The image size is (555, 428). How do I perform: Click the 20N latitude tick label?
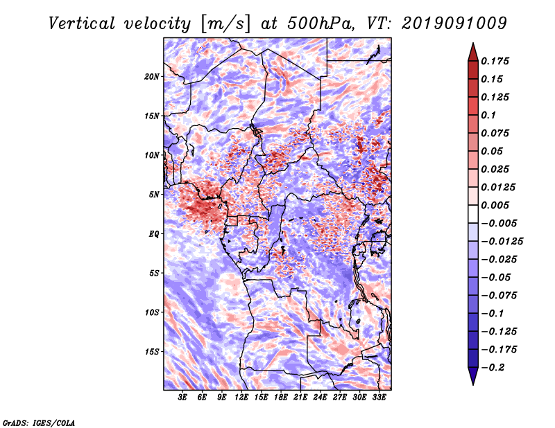[x=152, y=76]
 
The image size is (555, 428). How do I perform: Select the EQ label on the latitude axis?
[x=153, y=233]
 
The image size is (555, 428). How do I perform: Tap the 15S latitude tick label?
[x=152, y=352]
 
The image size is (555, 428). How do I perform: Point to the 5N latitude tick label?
[x=154, y=195]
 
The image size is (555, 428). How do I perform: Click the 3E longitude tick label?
[x=182, y=398]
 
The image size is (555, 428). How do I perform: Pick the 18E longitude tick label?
[x=280, y=398]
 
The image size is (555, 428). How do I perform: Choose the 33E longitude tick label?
[x=379, y=398]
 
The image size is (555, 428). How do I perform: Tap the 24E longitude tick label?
[x=320, y=398]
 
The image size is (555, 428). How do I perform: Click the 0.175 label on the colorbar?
[x=495, y=61]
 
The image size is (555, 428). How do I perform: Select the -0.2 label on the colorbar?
[x=493, y=368]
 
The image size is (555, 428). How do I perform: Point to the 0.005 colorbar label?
[x=495, y=205]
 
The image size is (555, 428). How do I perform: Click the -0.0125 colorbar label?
[x=502, y=242]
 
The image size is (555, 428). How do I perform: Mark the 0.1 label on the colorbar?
[x=488, y=115]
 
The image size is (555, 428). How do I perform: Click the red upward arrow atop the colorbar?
[x=473, y=52]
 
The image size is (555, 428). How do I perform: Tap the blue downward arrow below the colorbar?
[x=473, y=376]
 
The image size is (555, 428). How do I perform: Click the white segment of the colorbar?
[x=473, y=214]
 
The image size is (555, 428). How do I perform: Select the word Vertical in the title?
[x=82, y=24]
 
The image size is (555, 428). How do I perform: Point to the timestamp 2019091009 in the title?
[x=454, y=24]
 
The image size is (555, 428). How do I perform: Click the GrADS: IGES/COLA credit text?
[x=39, y=423]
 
